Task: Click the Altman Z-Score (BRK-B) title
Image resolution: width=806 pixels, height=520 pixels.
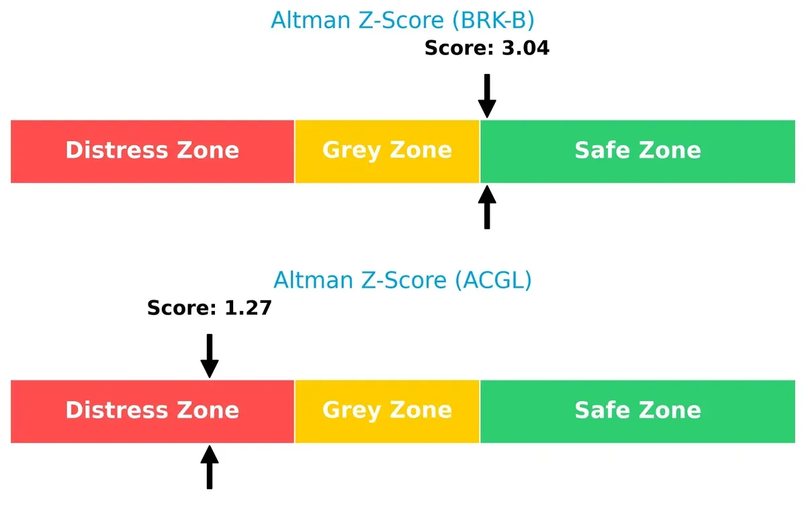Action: (x=402, y=20)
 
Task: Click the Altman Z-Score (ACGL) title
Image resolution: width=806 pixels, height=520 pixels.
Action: (x=402, y=279)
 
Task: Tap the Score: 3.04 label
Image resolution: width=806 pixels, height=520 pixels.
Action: (x=487, y=48)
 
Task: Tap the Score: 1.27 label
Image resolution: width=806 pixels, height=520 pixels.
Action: (x=209, y=308)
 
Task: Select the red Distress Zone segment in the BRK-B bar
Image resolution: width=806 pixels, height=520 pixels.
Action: (x=152, y=151)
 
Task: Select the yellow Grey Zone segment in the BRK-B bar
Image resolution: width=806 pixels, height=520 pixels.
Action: (x=387, y=151)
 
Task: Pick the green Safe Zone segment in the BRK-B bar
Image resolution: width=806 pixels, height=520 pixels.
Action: (x=637, y=151)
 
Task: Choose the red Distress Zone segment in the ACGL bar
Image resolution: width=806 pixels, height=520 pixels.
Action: (x=152, y=411)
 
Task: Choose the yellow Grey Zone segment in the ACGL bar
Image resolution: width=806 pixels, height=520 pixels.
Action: (x=387, y=411)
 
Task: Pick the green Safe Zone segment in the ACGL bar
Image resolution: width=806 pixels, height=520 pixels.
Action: (x=637, y=411)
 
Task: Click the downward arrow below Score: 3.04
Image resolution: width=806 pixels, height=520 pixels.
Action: (x=487, y=95)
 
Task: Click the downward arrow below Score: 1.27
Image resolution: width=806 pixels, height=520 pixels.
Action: (x=210, y=355)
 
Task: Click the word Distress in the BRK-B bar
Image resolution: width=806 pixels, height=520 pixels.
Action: (x=115, y=150)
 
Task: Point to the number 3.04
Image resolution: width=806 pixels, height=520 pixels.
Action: (x=525, y=48)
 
